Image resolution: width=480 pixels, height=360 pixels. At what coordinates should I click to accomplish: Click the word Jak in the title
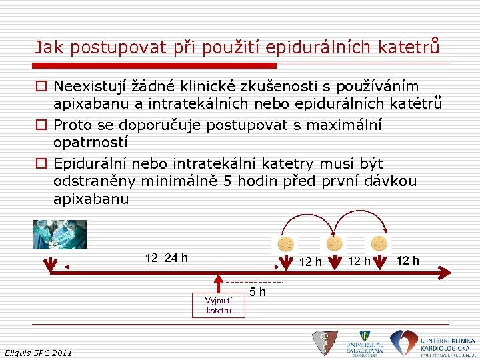(x=49, y=47)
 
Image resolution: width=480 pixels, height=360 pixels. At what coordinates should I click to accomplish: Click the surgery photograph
(x=60, y=234)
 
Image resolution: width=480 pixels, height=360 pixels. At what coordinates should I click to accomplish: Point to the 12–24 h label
(x=166, y=257)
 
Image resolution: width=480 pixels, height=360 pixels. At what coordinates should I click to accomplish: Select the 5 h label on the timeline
(x=258, y=291)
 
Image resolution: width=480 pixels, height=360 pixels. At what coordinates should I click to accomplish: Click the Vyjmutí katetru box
(x=219, y=305)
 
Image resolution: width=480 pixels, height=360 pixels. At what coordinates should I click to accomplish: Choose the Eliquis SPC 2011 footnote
(x=38, y=352)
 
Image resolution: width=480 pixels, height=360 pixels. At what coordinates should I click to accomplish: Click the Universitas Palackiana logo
(x=364, y=343)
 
